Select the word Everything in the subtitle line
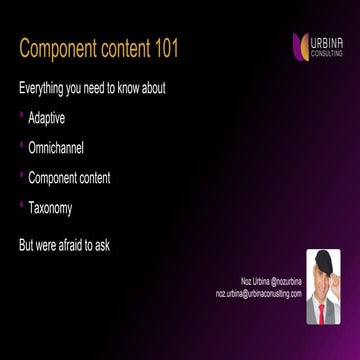tap(43, 88)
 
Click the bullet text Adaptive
tap(47, 118)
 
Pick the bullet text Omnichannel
tap(56, 148)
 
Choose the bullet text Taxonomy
tap(50, 208)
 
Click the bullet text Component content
tap(69, 178)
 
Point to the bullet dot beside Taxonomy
tap(21, 208)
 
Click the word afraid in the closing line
tap(73, 242)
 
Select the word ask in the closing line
tap(103, 242)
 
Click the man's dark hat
tap(323, 262)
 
